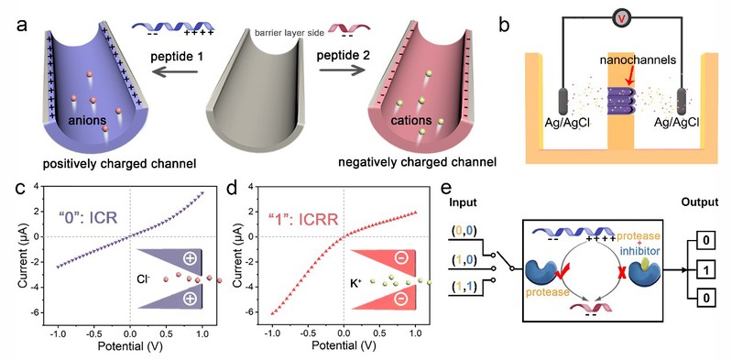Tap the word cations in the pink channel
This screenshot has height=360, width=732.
(409, 121)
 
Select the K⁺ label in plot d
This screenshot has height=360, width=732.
(362, 281)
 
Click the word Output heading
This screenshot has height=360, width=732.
(699, 202)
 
